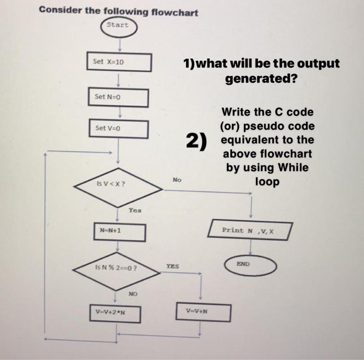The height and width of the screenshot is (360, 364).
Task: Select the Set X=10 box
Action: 119,62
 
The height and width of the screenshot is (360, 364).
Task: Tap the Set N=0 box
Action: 118,97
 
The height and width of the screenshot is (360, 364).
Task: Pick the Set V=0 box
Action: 118,129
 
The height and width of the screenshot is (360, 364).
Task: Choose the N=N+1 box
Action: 119,232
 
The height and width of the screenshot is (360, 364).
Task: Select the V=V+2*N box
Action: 114,313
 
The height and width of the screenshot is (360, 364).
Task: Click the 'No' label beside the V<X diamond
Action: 177,180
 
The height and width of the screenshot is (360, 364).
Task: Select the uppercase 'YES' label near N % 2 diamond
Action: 173,266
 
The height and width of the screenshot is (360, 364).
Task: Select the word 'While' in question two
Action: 293,168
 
